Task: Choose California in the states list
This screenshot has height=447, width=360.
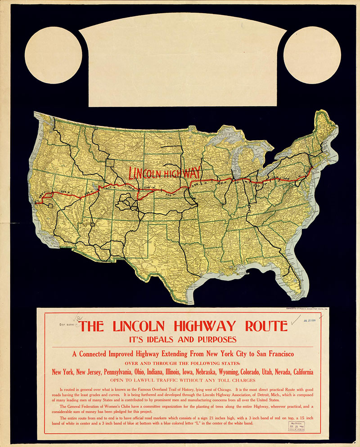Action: click(x=298, y=372)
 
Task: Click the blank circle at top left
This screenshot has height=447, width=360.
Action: click(x=53, y=55)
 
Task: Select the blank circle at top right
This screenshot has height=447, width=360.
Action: click(x=312, y=55)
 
